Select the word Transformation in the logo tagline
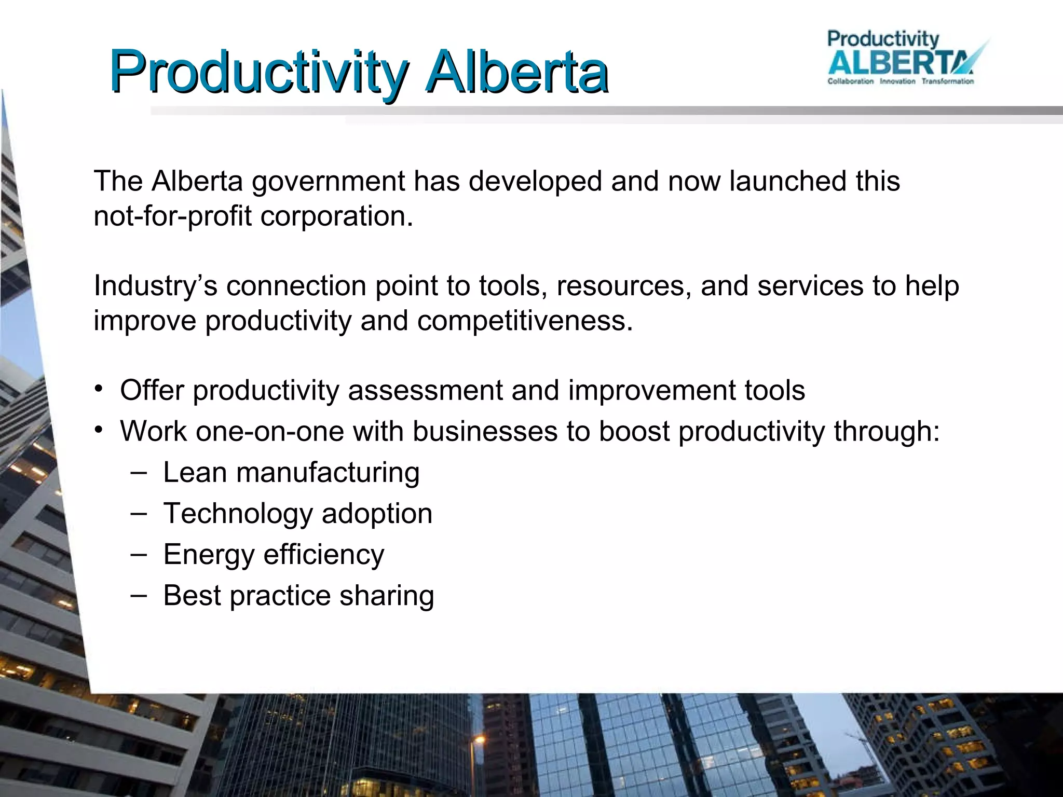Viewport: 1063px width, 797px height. tap(947, 81)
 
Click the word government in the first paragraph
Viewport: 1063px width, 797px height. tap(328, 182)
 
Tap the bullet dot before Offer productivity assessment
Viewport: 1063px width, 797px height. tap(99, 389)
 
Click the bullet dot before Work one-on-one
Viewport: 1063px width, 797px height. tap(99, 430)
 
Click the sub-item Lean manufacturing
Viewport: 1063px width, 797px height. tap(291, 473)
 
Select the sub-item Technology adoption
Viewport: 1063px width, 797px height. tap(297, 514)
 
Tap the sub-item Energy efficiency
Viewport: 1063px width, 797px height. tap(274, 555)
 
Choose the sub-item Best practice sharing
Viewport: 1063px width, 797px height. tap(298, 596)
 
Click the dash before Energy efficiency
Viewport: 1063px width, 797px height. tap(139, 554)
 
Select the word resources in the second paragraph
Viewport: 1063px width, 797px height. tap(624, 286)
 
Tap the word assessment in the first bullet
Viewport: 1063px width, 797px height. tap(425, 390)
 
